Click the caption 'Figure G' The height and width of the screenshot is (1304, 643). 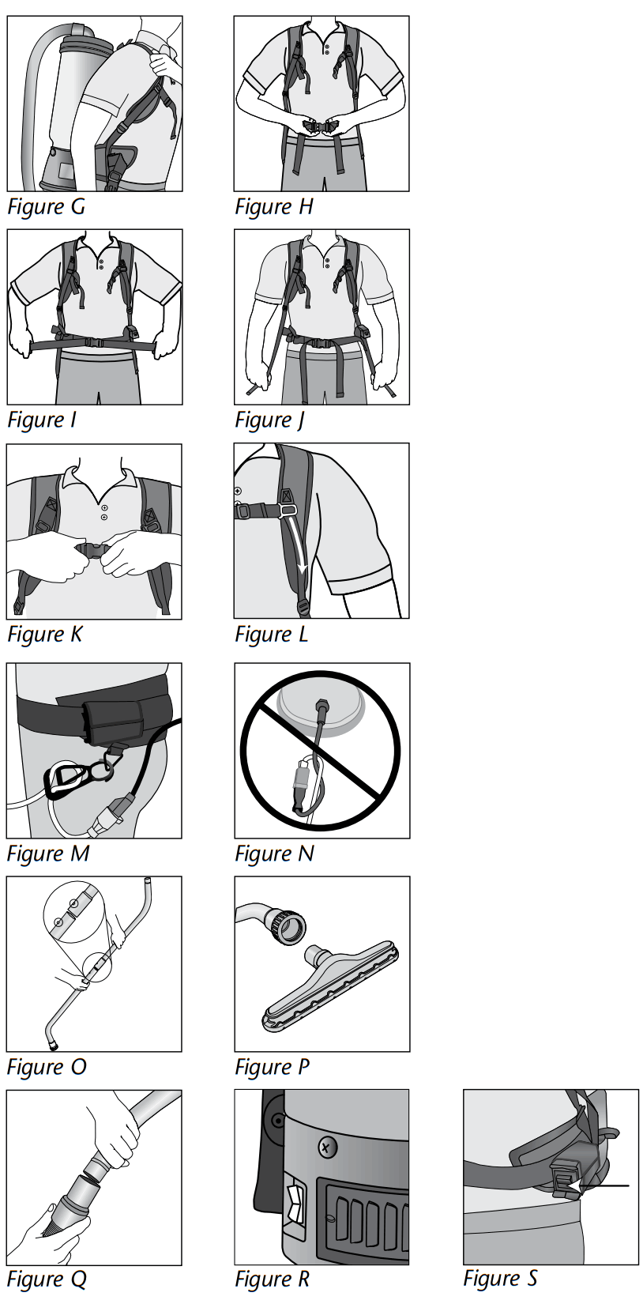(46, 207)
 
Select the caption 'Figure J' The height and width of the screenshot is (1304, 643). (269, 420)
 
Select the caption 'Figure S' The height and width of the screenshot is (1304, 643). (500, 1279)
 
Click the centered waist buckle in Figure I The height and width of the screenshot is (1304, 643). (94, 343)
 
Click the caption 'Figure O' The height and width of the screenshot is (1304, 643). (46, 1068)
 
